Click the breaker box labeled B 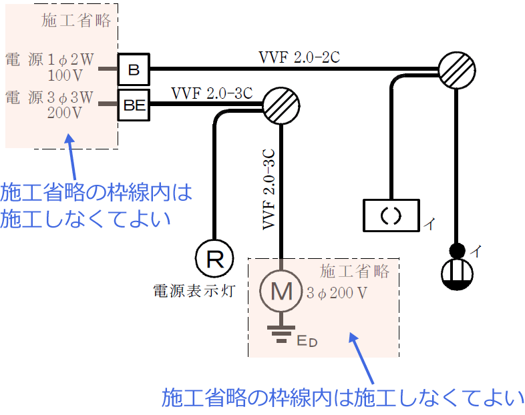point(134,69)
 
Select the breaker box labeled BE point(134,104)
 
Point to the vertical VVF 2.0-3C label point(269,187)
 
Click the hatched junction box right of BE point(281,104)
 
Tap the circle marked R point(214,258)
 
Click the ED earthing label point(307,342)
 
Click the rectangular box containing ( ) point(391,216)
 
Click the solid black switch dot point(457,251)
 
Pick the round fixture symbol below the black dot point(457,274)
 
